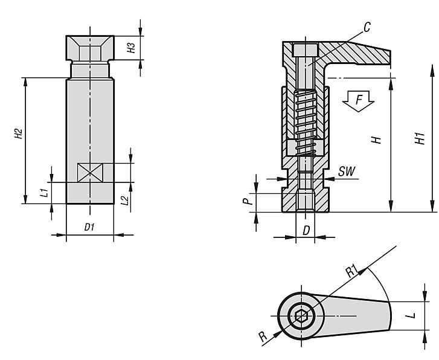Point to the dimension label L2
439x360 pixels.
(x=124, y=199)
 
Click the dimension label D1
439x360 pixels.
(x=89, y=227)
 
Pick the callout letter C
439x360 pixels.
(x=367, y=27)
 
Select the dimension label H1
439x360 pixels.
(x=421, y=140)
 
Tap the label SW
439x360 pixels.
(x=346, y=172)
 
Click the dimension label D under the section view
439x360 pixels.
(x=306, y=230)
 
